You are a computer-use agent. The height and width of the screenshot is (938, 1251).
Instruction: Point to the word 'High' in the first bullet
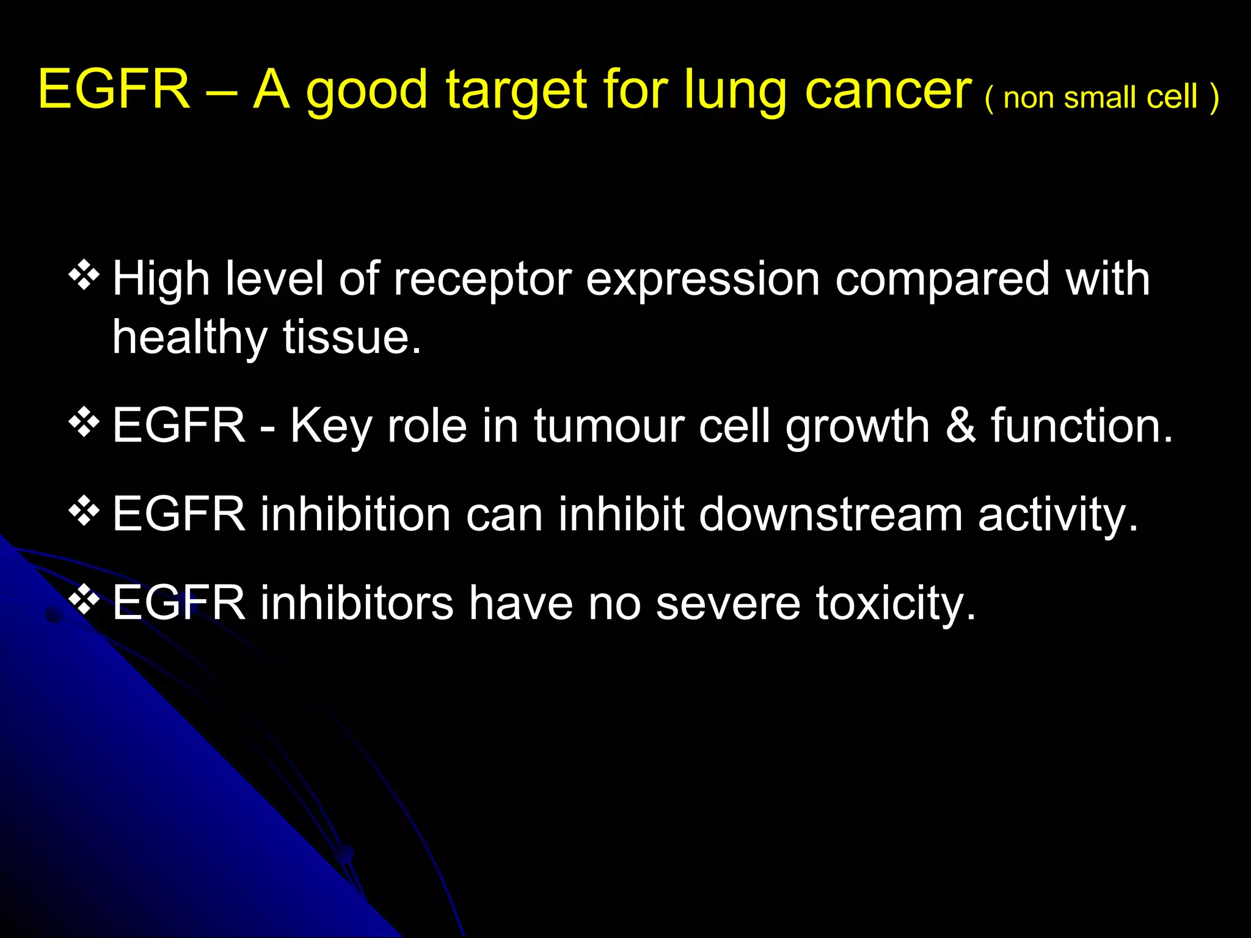pos(161,279)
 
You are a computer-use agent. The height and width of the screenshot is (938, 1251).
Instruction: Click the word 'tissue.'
pos(352,338)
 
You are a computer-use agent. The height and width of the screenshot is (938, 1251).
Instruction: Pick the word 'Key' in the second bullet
pos(330,426)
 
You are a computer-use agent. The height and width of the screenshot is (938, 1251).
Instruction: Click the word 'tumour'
pos(609,426)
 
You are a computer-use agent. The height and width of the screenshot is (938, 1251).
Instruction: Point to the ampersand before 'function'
pos(961,425)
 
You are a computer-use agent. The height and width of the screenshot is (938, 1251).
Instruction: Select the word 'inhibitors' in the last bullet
pos(357,603)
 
